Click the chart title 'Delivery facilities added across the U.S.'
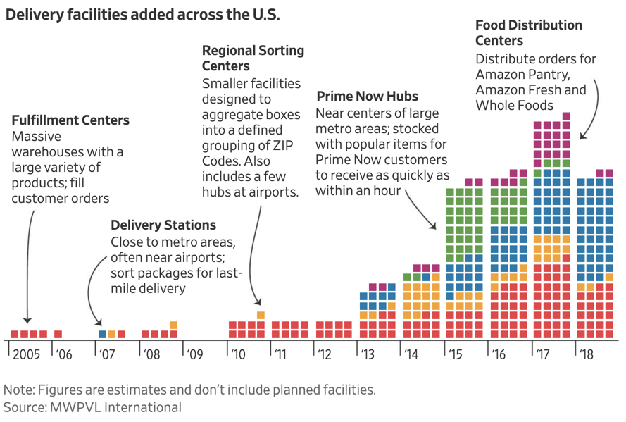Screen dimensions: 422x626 coord(142,15)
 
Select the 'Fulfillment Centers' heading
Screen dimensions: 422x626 coord(70,120)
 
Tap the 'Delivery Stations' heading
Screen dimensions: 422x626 coord(163,225)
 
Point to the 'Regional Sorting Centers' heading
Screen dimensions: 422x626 coord(253,58)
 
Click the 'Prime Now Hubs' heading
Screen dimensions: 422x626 coord(367,97)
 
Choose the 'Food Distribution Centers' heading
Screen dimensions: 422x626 coord(528,33)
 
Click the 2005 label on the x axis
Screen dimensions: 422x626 coord(26,354)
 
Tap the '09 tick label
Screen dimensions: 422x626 coord(194,354)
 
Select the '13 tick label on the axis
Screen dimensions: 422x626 coord(368,354)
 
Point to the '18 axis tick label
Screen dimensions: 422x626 coord(587,354)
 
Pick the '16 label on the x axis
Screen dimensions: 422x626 coord(499,354)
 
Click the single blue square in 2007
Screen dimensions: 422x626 coord(103,334)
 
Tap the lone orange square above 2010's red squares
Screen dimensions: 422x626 coord(261,316)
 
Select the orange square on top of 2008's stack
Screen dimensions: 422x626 coord(173,325)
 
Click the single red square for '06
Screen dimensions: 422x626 coord(58,334)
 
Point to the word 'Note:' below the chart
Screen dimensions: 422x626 coord(21,390)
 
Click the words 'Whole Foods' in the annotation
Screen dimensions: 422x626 coord(514,106)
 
